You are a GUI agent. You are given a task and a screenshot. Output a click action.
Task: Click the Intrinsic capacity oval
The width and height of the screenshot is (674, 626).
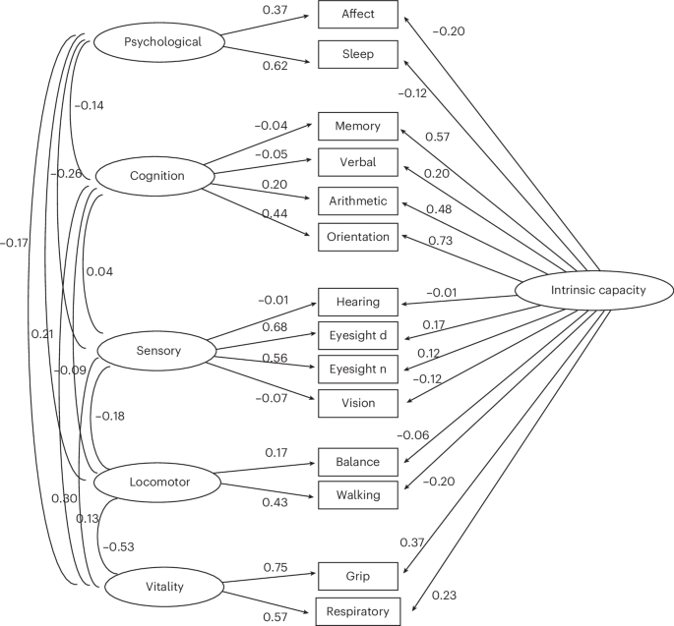point(593,291)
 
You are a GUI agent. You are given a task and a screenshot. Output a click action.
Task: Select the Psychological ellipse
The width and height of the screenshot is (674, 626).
point(162,42)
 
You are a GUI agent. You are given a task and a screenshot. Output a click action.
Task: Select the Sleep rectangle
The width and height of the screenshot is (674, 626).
point(357,54)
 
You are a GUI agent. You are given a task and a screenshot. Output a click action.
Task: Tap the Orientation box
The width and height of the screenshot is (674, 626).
point(357,236)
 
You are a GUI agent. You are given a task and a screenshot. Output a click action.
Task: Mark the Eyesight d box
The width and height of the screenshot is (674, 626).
point(357,335)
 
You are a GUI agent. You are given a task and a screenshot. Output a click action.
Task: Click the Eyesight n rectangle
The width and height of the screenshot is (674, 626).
point(357,369)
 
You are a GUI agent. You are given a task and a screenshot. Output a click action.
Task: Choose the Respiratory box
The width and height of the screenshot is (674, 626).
point(357,611)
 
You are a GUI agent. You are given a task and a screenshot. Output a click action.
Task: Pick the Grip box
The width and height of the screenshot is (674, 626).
point(357,574)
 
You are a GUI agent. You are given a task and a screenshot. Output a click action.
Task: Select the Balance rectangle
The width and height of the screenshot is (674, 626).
point(357,460)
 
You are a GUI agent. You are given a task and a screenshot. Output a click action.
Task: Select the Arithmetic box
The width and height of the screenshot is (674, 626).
point(357,201)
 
